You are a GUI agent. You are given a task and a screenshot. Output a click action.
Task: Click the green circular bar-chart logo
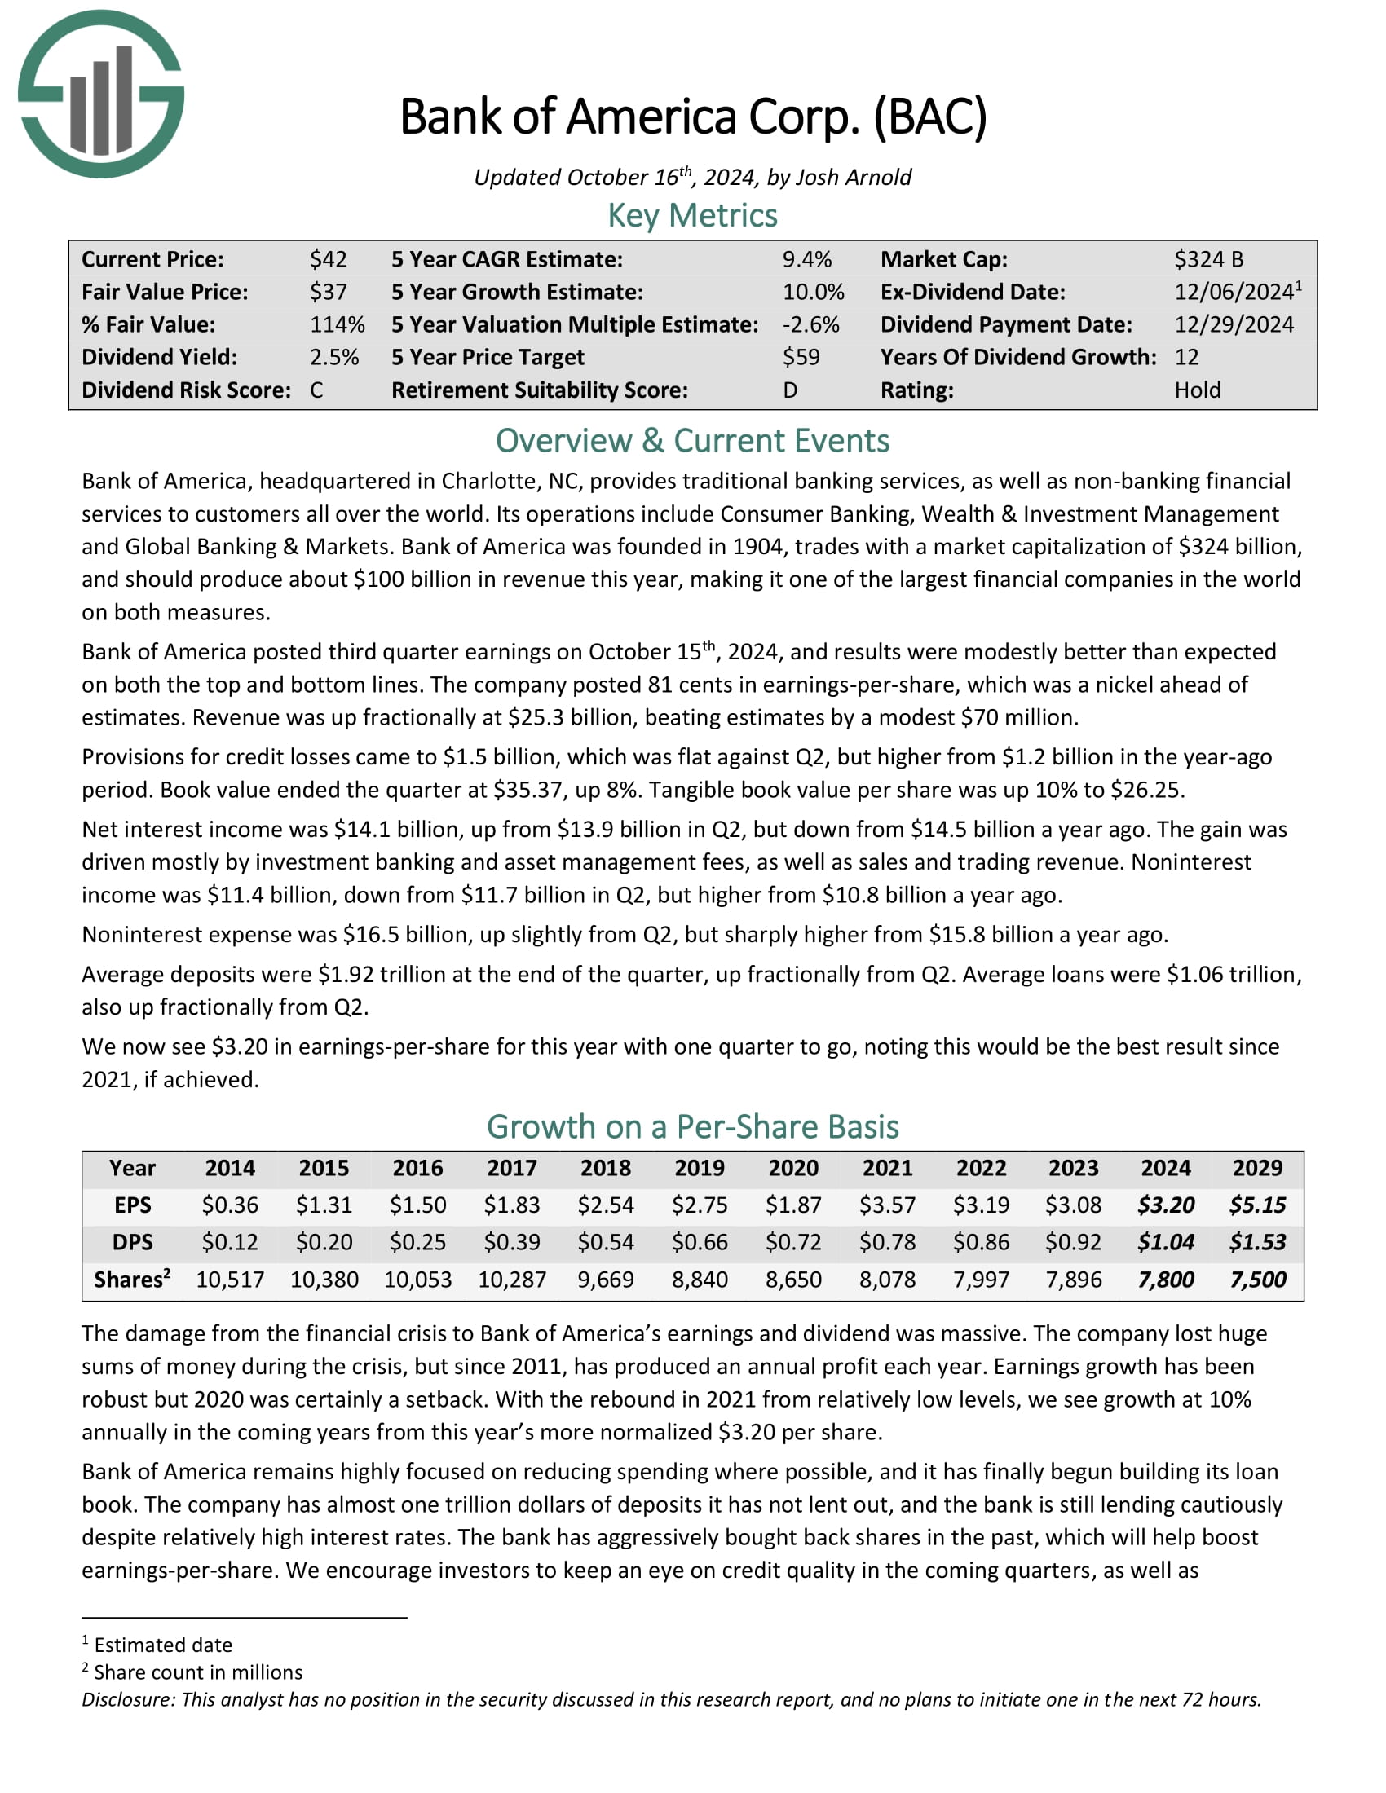click(x=101, y=94)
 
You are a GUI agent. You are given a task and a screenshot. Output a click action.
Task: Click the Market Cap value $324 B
click(x=1207, y=259)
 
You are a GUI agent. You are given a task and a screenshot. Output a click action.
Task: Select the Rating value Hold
click(x=1197, y=390)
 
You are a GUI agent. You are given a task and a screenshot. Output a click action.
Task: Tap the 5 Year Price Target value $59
click(x=801, y=357)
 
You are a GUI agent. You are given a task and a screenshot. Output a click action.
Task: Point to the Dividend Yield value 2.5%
click(x=334, y=357)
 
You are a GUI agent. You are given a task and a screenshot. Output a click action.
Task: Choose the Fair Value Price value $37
click(x=328, y=293)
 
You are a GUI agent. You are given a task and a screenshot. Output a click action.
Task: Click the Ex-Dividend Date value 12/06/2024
click(x=1234, y=293)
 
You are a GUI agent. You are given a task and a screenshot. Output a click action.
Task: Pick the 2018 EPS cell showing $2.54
click(x=605, y=1205)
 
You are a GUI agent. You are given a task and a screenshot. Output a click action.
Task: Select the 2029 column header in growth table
click(x=1257, y=1168)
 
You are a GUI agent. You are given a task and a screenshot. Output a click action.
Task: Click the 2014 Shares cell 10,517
click(x=230, y=1280)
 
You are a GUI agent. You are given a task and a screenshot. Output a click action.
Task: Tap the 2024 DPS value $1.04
click(x=1165, y=1242)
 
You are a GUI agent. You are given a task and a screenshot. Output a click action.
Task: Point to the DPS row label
click(x=132, y=1242)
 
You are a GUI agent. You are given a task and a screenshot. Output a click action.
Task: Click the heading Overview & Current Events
click(x=692, y=441)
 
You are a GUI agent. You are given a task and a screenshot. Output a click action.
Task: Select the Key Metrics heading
click(x=692, y=216)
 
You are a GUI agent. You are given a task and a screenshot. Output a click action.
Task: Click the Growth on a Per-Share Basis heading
click(x=692, y=1127)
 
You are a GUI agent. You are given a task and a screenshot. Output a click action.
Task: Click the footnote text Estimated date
click(x=162, y=1645)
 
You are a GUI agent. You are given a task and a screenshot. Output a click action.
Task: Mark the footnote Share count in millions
click(x=198, y=1672)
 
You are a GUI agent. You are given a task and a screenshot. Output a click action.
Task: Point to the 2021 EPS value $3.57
click(x=887, y=1205)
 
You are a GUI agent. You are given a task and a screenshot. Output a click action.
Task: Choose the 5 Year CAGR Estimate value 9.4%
click(x=806, y=259)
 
